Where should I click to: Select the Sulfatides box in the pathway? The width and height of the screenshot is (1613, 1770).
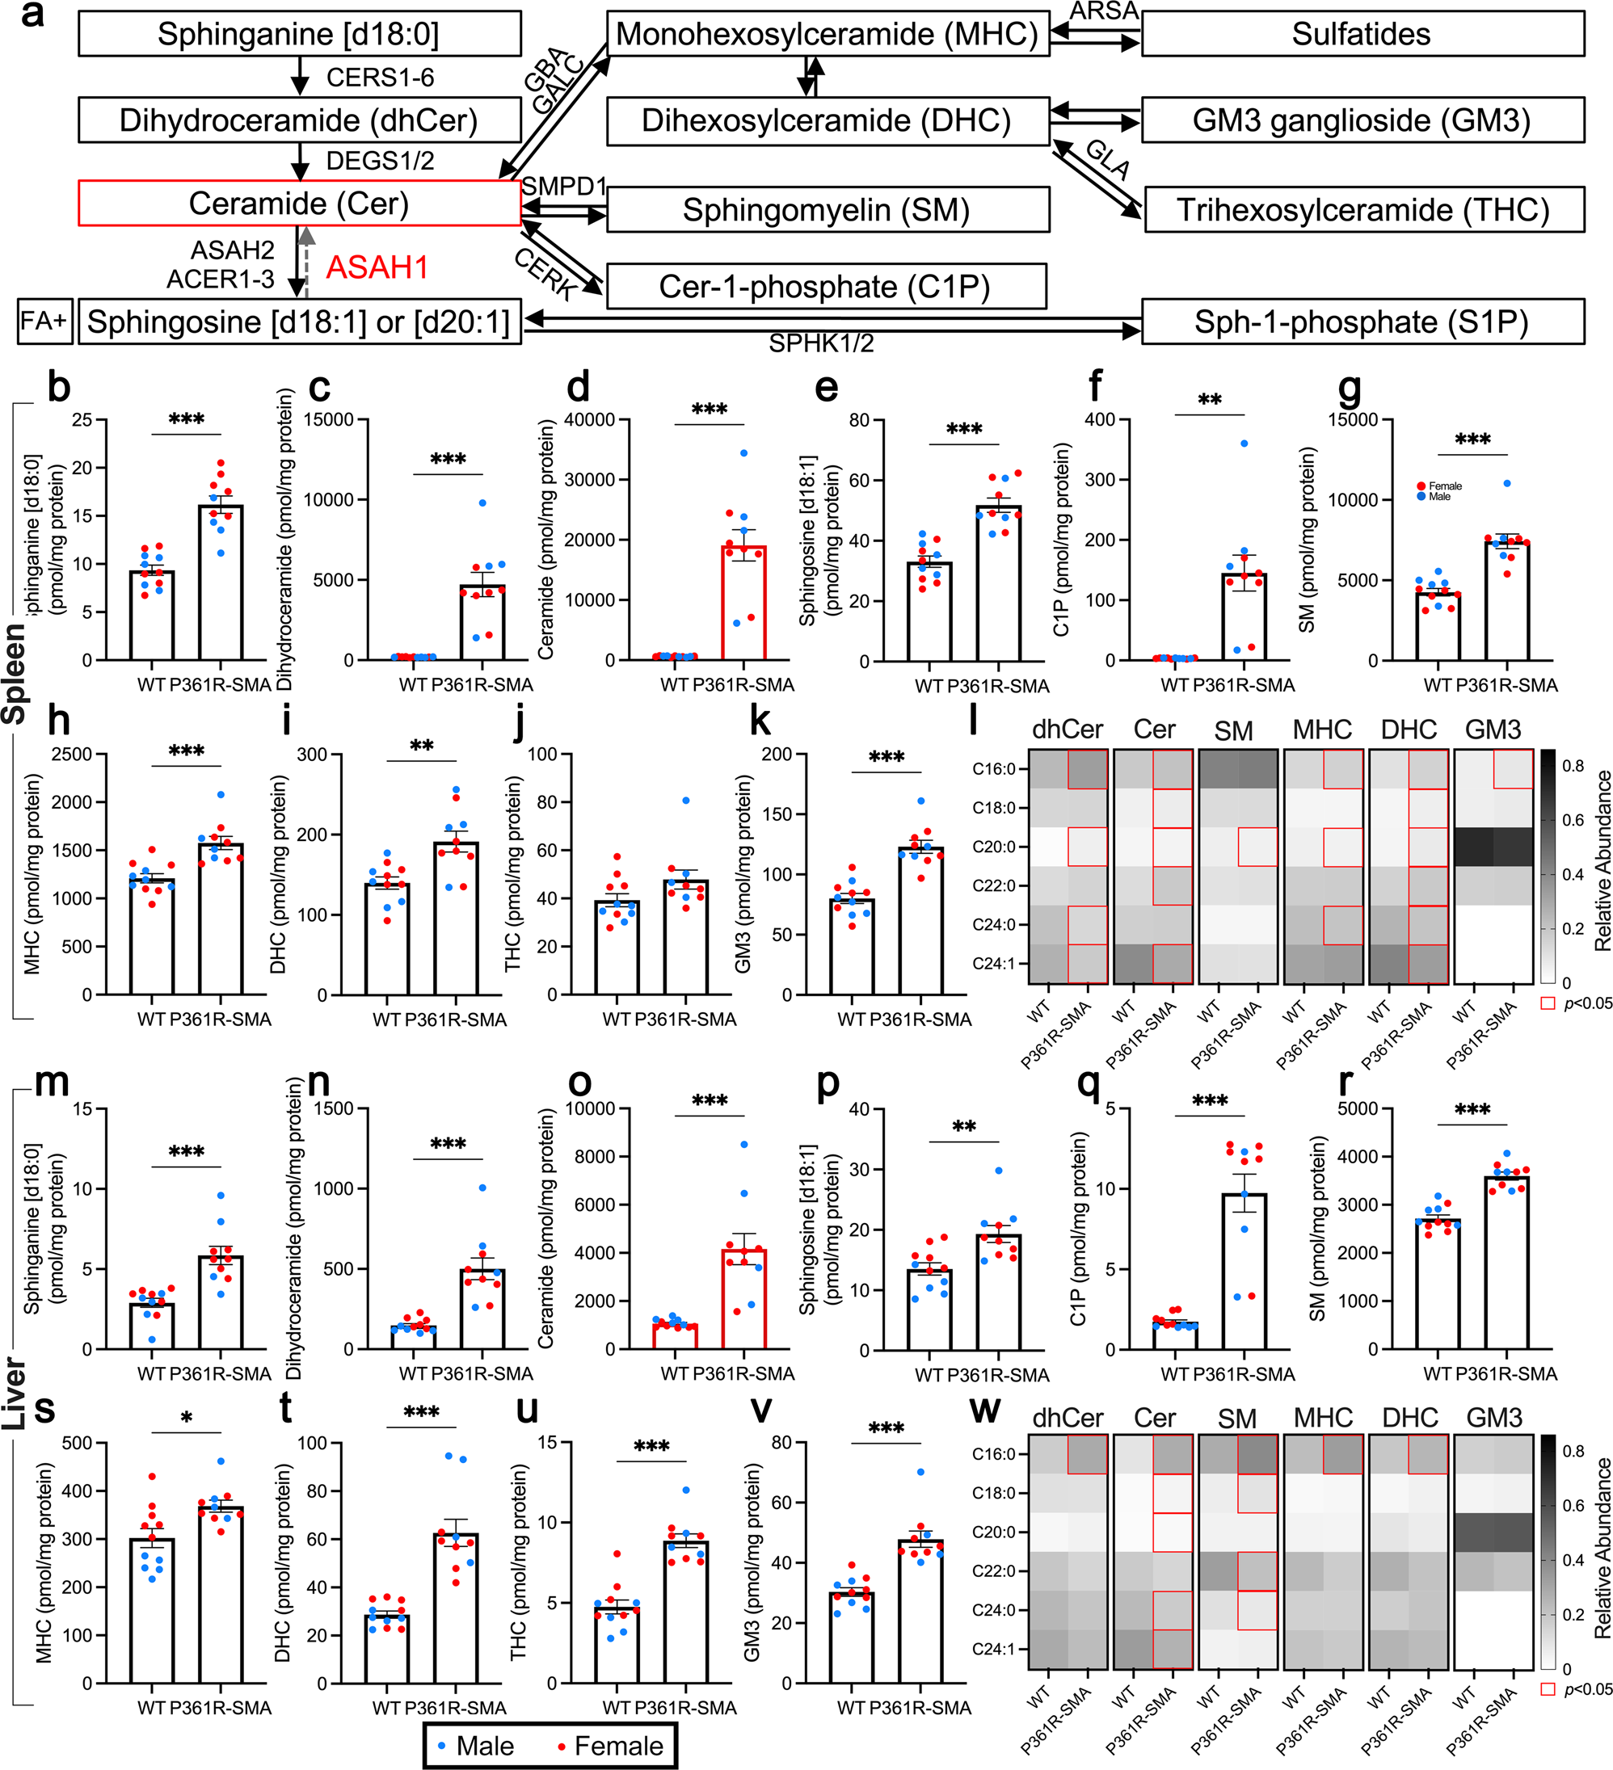tap(1362, 34)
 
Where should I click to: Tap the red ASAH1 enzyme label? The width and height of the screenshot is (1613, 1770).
tap(377, 267)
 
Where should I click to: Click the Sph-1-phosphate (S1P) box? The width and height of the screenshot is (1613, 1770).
tap(1362, 322)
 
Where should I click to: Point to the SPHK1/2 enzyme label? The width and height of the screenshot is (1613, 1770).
tap(821, 344)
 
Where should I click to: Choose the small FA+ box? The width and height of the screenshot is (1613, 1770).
tap(43, 322)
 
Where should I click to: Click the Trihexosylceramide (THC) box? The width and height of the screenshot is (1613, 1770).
tap(1363, 210)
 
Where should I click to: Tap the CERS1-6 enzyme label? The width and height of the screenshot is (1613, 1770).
tap(380, 78)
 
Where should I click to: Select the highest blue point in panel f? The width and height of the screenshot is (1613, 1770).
tap(1244, 444)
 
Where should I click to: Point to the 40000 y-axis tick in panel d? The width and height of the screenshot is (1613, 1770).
tap(590, 419)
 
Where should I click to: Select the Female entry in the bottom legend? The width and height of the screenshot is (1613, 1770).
tap(610, 1747)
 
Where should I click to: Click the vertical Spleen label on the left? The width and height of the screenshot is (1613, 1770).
tap(14, 675)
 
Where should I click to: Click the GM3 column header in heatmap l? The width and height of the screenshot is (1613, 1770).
tap(1493, 729)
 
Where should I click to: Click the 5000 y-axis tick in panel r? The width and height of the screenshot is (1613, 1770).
tap(1357, 1109)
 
